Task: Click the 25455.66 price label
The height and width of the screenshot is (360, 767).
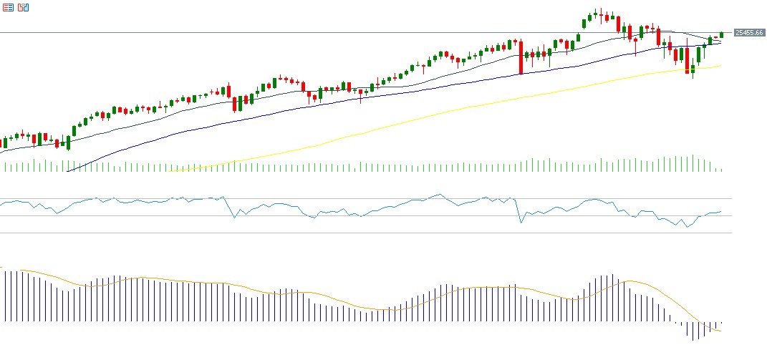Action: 749,32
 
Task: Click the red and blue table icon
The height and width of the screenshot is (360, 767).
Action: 7,7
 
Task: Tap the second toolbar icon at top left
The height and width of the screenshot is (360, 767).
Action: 23,7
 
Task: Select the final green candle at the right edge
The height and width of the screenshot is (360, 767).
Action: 721,34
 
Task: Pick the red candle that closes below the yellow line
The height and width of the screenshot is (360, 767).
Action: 687,61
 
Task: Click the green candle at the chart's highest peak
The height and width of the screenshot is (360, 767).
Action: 595,14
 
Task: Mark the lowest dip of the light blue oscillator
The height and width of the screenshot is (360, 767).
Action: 686,227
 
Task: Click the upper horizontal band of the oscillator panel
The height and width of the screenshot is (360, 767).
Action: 358,198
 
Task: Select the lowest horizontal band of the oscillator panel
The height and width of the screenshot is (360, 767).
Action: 358,233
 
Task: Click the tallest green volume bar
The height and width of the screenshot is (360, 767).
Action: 693,163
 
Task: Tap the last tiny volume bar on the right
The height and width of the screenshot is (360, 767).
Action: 721,170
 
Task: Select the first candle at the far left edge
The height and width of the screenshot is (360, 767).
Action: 4,142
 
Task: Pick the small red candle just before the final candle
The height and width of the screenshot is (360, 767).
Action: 715,37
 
